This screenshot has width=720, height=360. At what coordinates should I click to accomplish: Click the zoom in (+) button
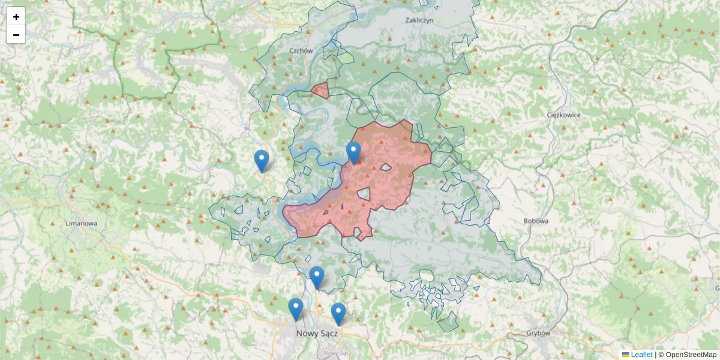[16, 17]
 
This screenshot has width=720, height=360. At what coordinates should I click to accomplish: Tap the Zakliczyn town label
[419, 20]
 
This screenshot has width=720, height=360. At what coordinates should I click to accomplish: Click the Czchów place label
[301, 51]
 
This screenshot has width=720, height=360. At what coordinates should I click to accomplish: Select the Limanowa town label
[81, 223]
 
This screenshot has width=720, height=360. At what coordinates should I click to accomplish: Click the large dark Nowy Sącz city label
[317, 332]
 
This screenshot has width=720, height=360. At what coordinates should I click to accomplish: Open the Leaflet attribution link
[641, 355]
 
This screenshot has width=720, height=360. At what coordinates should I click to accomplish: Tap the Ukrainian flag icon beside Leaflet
[626, 355]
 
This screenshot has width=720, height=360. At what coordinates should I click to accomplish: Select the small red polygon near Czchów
[320, 91]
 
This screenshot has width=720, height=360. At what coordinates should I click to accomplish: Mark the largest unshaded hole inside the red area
[363, 194]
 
